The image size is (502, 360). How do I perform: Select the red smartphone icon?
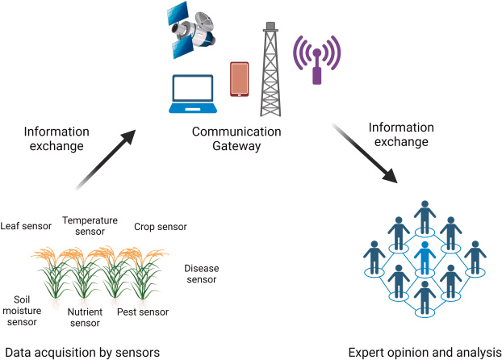[239, 79]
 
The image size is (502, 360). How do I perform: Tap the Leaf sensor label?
[26, 227]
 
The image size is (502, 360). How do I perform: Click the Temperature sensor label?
[90, 226]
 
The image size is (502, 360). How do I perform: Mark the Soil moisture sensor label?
[21, 310]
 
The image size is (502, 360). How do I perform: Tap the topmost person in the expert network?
[424, 216]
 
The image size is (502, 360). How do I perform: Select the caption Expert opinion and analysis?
[424, 352]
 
